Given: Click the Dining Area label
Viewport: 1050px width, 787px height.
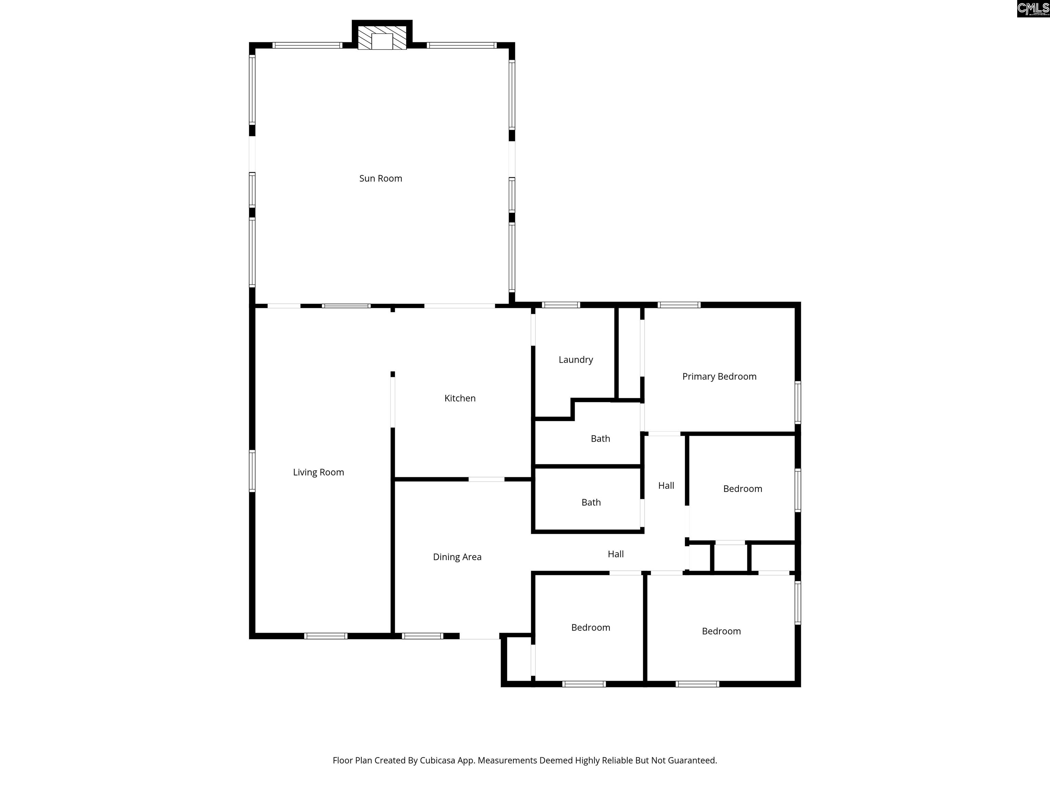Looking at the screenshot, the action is (x=457, y=557).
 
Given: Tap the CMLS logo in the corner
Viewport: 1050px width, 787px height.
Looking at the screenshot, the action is (x=1033, y=9).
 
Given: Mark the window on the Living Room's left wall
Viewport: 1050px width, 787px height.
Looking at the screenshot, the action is (x=252, y=471).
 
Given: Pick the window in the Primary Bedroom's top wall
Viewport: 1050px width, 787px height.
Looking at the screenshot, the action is (x=679, y=305).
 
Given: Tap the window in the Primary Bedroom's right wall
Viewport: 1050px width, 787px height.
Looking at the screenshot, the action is (x=798, y=403).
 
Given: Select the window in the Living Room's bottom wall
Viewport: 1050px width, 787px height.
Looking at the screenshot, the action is (x=326, y=636).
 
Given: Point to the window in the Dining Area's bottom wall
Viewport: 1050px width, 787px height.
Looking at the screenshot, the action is (x=422, y=636).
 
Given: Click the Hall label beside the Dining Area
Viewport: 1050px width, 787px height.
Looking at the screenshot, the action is (x=616, y=554).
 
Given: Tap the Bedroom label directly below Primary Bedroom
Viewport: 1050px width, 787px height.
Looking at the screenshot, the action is (x=742, y=488).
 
